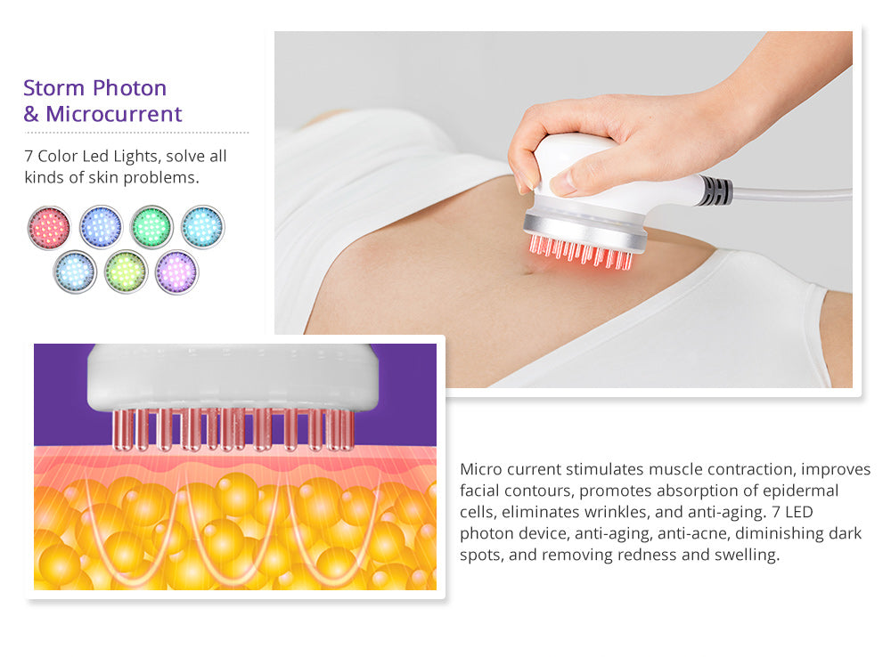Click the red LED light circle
49,228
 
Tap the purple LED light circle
176,272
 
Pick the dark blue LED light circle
101,227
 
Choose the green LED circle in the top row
151,227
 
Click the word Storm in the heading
54,88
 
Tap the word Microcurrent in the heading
114,114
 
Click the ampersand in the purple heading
31,114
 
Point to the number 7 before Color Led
29,156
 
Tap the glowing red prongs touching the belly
581,252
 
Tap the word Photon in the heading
129,88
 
